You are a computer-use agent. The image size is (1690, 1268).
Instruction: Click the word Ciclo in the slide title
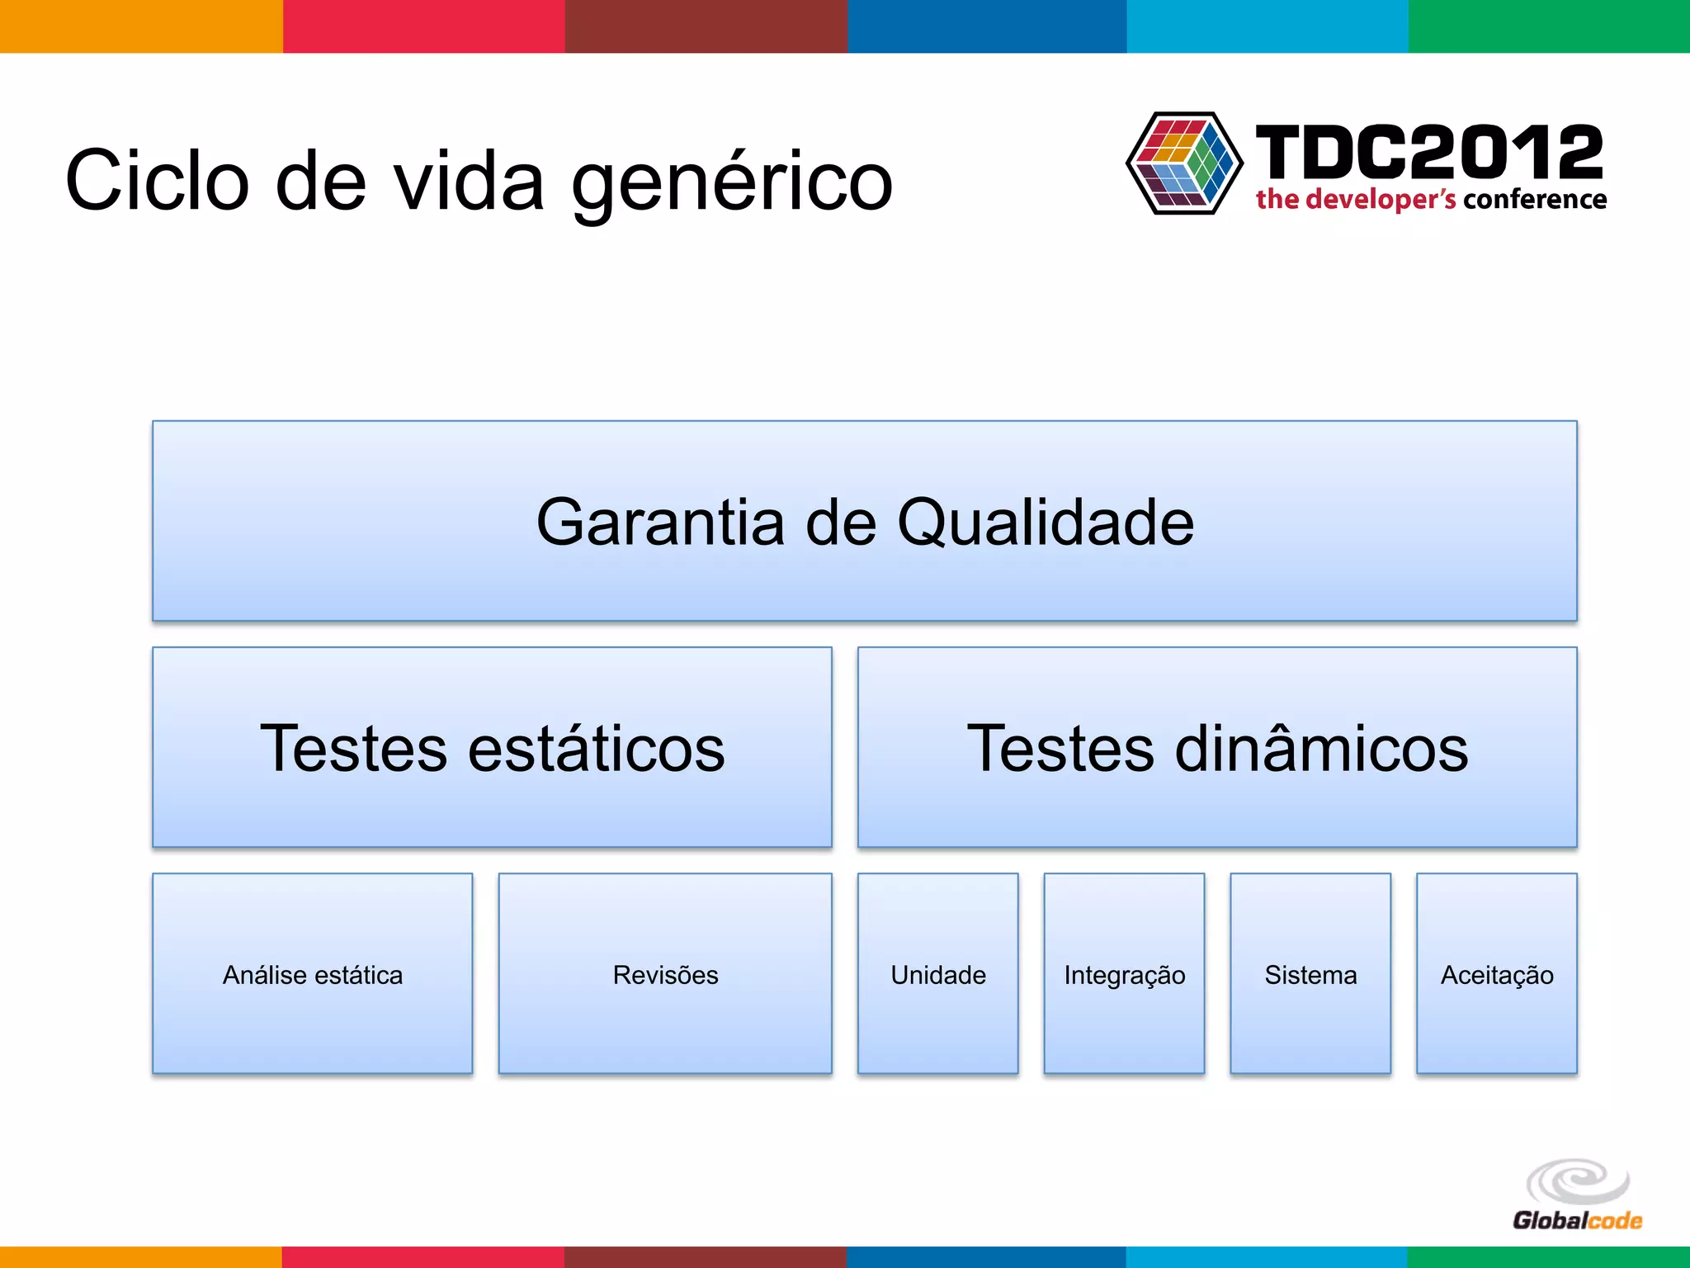pos(157,180)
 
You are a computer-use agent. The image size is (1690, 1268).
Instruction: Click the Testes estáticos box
pos(492,747)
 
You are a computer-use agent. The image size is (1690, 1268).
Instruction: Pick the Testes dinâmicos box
pos(1217,747)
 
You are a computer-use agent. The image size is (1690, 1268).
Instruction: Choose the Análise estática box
pos(312,974)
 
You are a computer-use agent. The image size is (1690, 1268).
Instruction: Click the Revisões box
pos(665,974)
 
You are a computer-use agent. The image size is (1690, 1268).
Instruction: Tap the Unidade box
pos(937,974)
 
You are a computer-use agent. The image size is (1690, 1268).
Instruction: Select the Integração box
pos(1124,974)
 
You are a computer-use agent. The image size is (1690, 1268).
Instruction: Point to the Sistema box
pos(1310,974)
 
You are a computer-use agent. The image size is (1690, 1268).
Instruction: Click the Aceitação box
pos(1496,974)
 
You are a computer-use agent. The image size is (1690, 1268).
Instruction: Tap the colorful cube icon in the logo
pos(1184,163)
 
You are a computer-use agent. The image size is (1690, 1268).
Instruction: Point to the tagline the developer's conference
pos(1431,200)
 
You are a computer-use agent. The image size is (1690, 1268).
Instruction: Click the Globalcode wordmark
pos(1577,1220)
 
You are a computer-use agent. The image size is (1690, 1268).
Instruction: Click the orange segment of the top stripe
pos(140,26)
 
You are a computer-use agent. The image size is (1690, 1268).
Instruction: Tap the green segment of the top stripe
pos(1549,26)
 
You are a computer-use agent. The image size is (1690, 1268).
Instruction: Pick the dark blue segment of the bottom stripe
pos(986,1256)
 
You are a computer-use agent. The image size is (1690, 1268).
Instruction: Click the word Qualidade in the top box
pos(1046,522)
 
